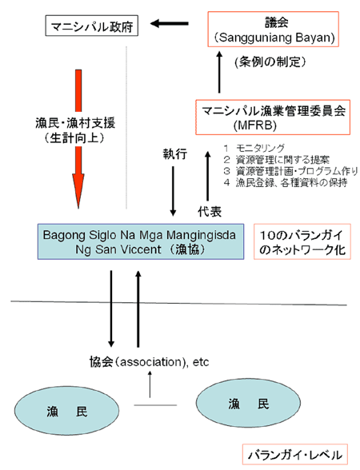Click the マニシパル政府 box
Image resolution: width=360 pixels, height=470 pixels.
point(92,26)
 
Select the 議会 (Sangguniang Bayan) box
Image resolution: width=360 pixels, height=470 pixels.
point(274,29)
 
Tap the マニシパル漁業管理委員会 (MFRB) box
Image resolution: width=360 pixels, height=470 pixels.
point(273,117)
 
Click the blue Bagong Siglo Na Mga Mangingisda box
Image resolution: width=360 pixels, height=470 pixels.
point(141,241)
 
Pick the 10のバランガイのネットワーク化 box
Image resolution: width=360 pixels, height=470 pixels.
point(302,241)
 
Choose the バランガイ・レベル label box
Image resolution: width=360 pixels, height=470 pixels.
point(295,455)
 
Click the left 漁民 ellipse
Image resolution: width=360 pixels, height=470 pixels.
point(66,411)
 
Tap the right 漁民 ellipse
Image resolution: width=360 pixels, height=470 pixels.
point(248,403)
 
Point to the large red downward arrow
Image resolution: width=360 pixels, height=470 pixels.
point(78,139)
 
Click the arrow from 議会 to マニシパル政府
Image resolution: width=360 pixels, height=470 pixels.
point(170,23)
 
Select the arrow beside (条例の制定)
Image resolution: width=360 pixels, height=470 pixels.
point(219,72)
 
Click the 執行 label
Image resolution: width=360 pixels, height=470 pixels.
point(175,154)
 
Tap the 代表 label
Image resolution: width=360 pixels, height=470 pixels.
point(210,212)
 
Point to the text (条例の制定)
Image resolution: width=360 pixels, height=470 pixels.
point(270,62)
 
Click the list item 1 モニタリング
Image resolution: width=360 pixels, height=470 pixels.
point(254,148)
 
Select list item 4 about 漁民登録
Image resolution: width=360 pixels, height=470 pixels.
point(286,182)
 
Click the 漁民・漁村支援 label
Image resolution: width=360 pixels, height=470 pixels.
point(75,123)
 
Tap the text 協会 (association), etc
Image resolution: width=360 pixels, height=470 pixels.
point(149,362)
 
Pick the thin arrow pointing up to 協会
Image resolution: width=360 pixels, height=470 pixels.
point(150,384)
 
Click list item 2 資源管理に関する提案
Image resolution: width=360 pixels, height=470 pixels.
point(276,159)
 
